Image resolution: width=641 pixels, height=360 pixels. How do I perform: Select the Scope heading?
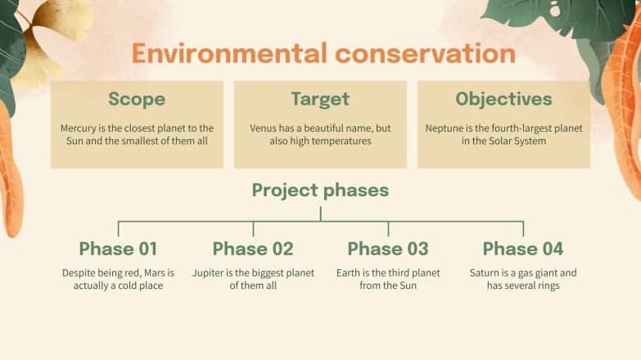tap(137, 100)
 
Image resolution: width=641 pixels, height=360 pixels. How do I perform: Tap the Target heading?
tap(320, 100)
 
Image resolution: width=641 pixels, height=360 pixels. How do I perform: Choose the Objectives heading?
tap(503, 100)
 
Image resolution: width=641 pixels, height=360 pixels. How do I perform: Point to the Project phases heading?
tap(320, 191)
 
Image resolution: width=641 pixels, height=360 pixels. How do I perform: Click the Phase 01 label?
tap(118, 249)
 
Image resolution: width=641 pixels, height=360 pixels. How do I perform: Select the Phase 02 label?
tap(253, 249)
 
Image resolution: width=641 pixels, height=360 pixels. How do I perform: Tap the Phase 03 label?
tap(388, 249)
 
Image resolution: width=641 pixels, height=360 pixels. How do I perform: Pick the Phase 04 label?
tap(523, 249)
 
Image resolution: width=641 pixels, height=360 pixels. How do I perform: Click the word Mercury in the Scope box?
tap(79, 128)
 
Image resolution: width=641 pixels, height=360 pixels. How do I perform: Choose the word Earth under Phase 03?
tap(350, 273)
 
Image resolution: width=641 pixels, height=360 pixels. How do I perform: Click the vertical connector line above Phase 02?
tap(253, 228)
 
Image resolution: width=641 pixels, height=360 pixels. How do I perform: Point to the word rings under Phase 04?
tap(546, 286)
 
